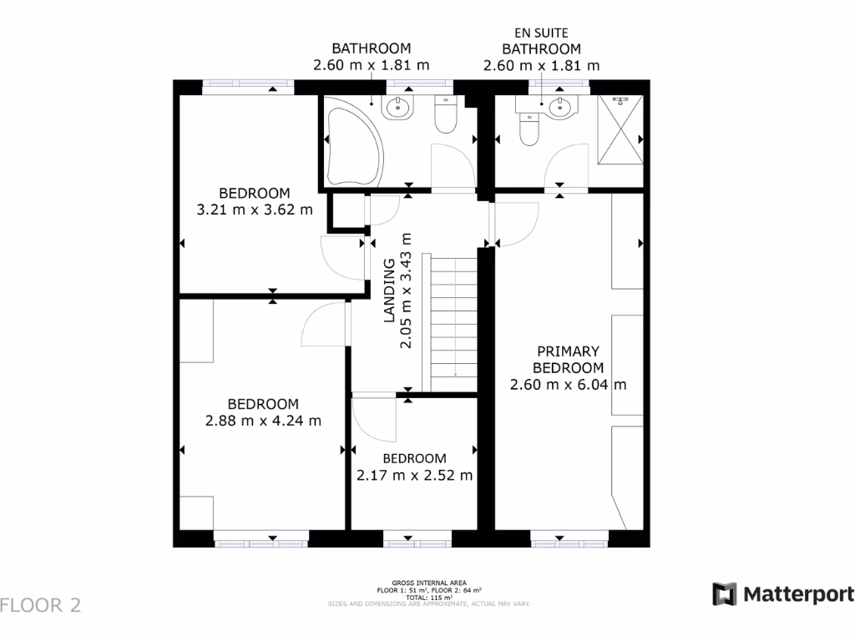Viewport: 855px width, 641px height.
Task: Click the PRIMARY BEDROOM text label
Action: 569,359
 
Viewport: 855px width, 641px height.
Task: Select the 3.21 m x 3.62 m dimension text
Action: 254,209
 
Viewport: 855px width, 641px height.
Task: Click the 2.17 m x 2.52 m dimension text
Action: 414,476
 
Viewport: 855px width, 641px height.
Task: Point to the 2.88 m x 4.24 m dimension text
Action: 262,421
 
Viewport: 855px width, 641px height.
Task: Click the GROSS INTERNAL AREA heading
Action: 429,583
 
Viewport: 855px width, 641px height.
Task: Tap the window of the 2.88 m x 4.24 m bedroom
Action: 260,538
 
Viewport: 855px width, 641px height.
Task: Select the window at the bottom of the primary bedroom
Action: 558,538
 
